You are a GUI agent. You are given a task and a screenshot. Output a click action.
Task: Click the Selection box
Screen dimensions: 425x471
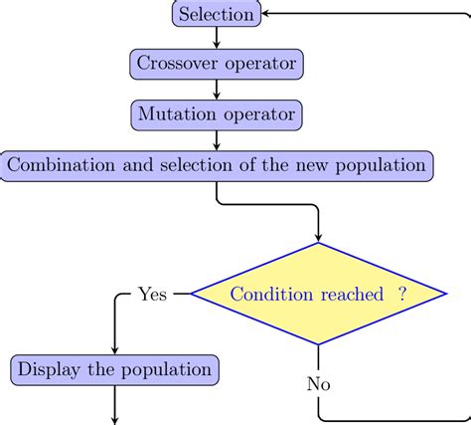(217, 14)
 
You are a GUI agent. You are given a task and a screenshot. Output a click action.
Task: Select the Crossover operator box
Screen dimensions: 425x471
(217, 65)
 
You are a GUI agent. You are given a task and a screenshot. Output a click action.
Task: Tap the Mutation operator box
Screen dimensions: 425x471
(217, 114)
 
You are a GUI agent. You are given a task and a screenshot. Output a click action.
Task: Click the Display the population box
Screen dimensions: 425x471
(115, 369)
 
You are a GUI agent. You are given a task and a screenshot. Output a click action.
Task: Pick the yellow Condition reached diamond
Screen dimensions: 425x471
(318, 294)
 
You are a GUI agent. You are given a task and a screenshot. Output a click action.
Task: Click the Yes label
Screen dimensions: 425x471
(152, 294)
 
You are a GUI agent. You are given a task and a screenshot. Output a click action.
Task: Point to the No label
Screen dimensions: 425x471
(318, 383)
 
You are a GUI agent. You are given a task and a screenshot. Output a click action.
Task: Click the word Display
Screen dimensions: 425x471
(50, 369)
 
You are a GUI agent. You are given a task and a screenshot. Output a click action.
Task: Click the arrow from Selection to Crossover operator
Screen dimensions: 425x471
(217, 39)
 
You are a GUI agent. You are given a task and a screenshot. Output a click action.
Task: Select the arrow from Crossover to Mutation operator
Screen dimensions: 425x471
(217, 90)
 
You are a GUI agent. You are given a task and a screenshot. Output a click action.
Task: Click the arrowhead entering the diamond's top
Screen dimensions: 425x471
(318, 238)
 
